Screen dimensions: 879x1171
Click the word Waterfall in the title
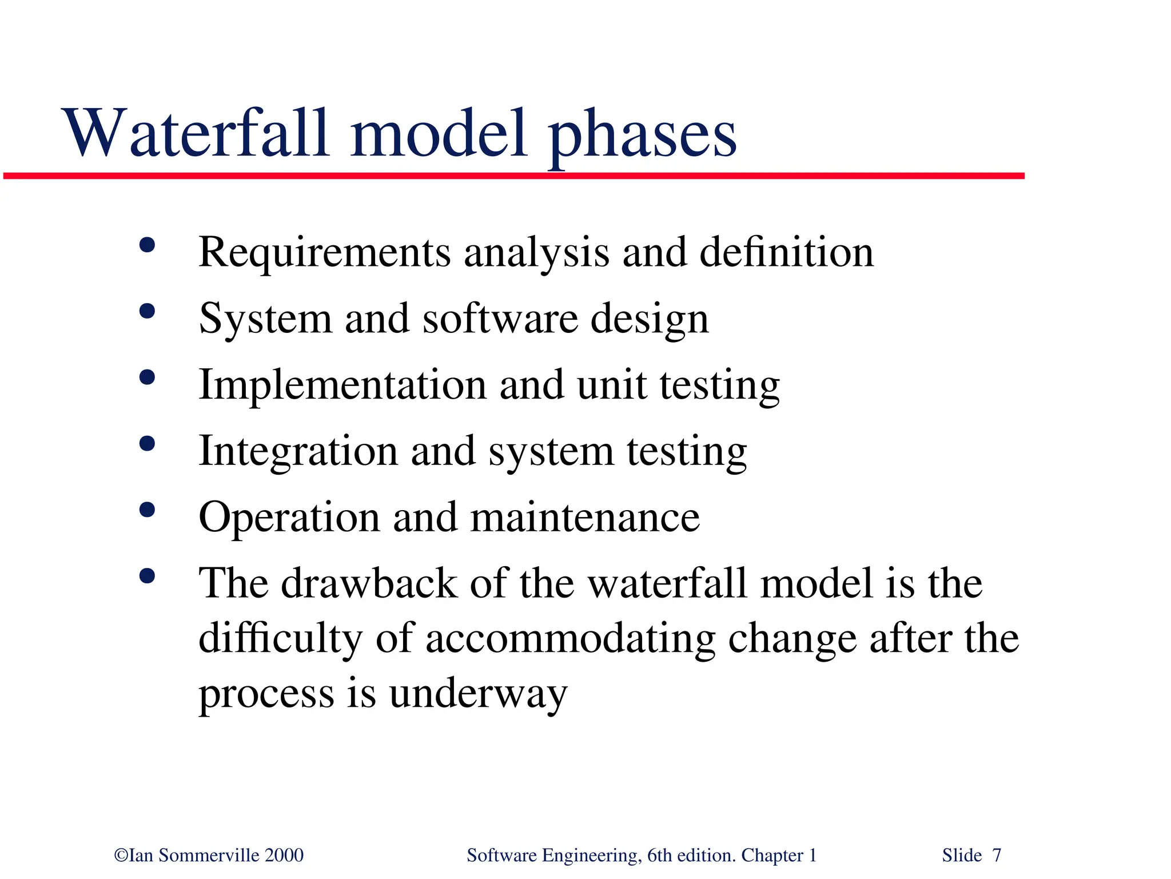pyautogui.click(x=197, y=134)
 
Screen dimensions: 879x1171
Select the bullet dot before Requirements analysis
pyautogui.click(x=147, y=246)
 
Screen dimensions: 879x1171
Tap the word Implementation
pyautogui.click(x=342, y=385)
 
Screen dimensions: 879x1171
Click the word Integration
pyautogui.click(x=298, y=451)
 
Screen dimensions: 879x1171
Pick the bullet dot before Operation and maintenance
pyautogui.click(x=147, y=510)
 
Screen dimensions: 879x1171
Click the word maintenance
pyautogui.click(x=585, y=518)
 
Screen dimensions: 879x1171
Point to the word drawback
pyautogui.click(x=369, y=584)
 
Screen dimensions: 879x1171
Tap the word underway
pyautogui.click(x=478, y=694)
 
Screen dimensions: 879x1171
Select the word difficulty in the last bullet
pyautogui.click(x=280, y=639)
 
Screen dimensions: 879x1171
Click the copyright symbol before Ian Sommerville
pyautogui.click(x=121, y=856)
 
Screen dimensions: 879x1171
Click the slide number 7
pyautogui.click(x=997, y=856)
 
